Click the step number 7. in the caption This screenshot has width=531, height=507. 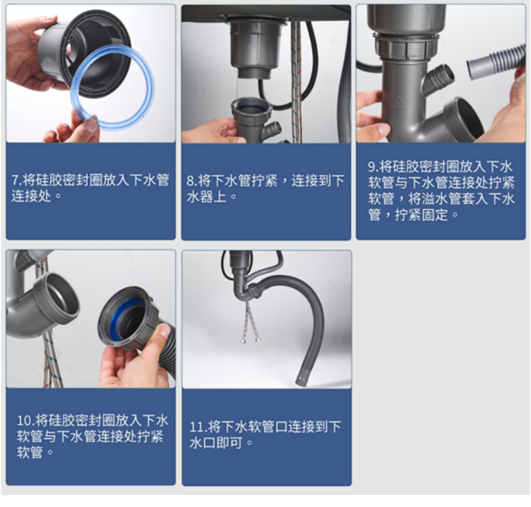coord(16,181)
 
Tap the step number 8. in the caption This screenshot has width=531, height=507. coord(192,181)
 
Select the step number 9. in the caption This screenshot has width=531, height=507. coord(373,167)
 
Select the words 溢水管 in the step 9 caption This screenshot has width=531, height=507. coord(440,199)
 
